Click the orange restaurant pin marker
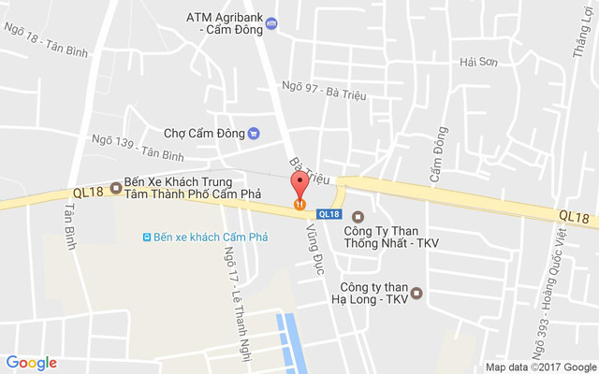pos(299,198)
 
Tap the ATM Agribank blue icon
pos(271,23)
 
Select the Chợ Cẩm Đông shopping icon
pos(254,133)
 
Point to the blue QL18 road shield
pos(328,213)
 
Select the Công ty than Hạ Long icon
pos(417,293)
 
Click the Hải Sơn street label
pos(475,62)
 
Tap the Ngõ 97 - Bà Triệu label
pos(323,91)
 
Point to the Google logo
pos(31,363)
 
